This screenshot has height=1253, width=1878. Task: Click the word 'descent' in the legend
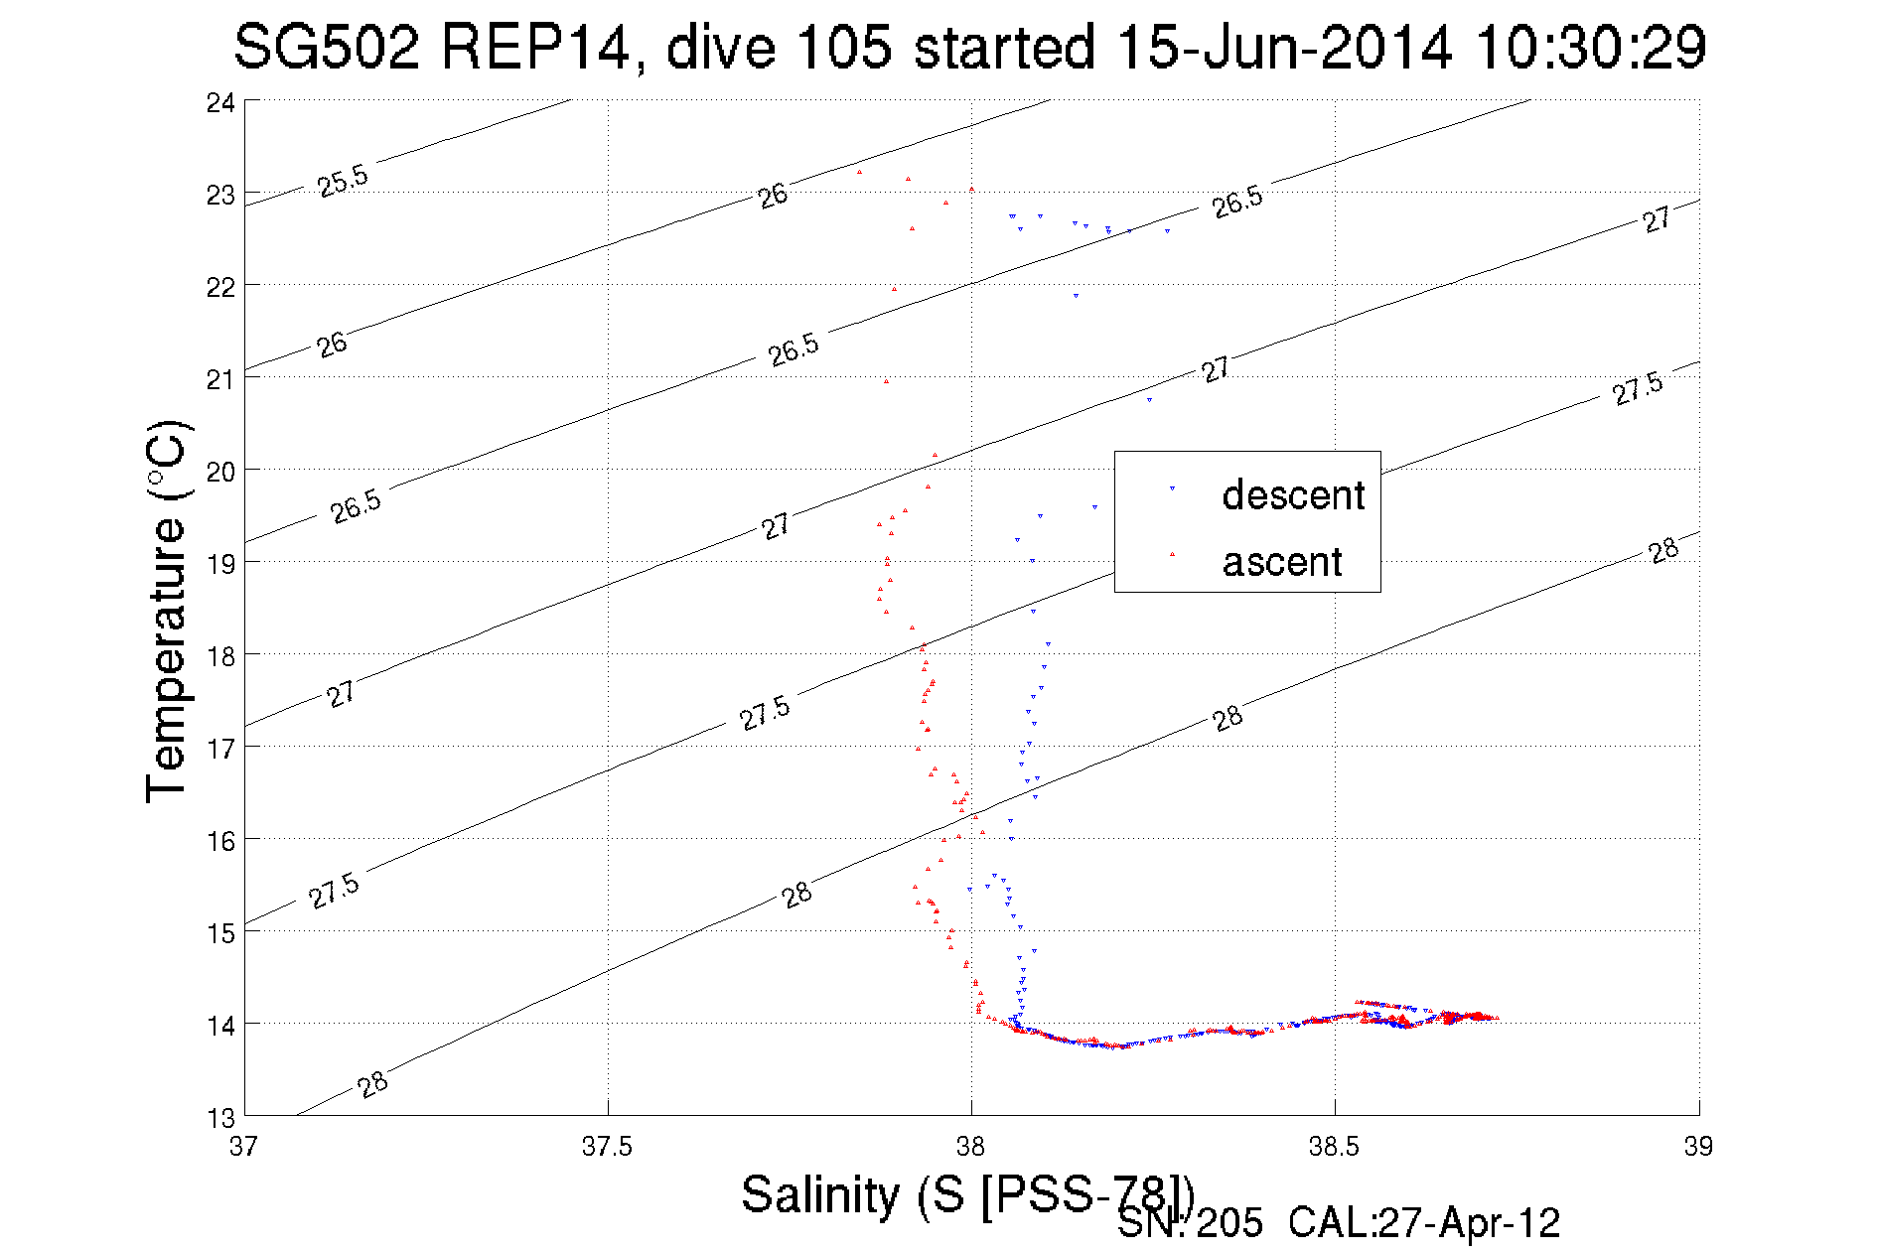(x=1293, y=494)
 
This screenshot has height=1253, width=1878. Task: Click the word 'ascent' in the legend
(x=1282, y=562)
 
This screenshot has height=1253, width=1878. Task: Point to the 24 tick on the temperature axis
(x=220, y=102)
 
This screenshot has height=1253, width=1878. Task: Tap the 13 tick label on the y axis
(x=220, y=1118)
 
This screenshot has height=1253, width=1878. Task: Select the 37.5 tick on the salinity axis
(x=607, y=1147)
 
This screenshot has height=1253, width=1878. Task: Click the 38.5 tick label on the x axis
(x=1334, y=1147)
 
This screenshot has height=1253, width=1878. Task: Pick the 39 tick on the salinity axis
(x=1698, y=1147)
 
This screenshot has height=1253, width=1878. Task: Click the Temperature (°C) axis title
(x=166, y=611)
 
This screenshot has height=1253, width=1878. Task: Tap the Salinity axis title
(x=967, y=1193)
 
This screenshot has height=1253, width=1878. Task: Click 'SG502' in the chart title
(x=327, y=47)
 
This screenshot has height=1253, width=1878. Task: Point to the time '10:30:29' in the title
(x=1591, y=47)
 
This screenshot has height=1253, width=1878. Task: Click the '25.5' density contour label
(x=343, y=181)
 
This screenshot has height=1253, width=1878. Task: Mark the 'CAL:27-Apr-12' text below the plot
(x=1424, y=1223)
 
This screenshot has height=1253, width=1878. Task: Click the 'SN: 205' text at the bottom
(x=1190, y=1223)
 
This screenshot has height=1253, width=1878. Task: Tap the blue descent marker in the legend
(x=1172, y=488)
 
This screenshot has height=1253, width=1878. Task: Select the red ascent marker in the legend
(x=1172, y=554)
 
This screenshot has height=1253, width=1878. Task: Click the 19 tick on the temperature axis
(x=220, y=564)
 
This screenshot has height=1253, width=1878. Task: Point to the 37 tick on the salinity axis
(x=243, y=1147)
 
